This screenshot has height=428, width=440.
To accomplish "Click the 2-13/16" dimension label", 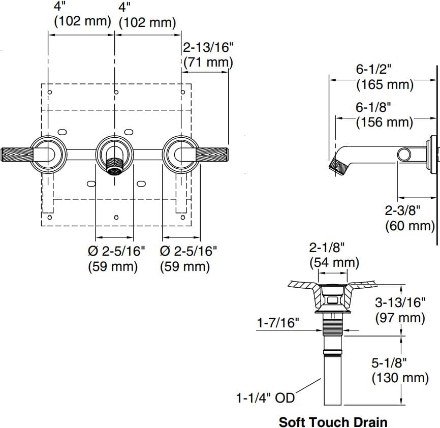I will pyautogui.click(x=208, y=48).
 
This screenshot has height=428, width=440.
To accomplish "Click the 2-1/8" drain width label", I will pyautogui.click(x=328, y=248).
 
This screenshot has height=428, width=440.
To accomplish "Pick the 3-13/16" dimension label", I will pyautogui.click(x=400, y=303).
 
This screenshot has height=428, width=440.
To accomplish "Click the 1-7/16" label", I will pyautogui.click(x=278, y=323).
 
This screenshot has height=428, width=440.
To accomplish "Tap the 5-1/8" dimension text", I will pyautogui.click(x=390, y=363).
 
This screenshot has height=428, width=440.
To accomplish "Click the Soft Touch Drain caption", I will pyautogui.click(x=333, y=421).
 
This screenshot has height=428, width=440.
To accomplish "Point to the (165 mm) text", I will pyautogui.click(x=385, y=84).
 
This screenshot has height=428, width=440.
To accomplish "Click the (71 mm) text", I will pyautogui.click(x=208, y=63).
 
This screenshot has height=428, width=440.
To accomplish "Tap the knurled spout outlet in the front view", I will pyautogui.click(x=116, y=165).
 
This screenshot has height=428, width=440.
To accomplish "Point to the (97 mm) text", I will pyautogui.click(x=400, y=318).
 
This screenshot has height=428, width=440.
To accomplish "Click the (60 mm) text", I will pyautogui.click(x=411, y=226).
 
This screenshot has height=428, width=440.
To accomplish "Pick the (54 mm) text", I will pyautogui.click(x=334, y=263).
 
